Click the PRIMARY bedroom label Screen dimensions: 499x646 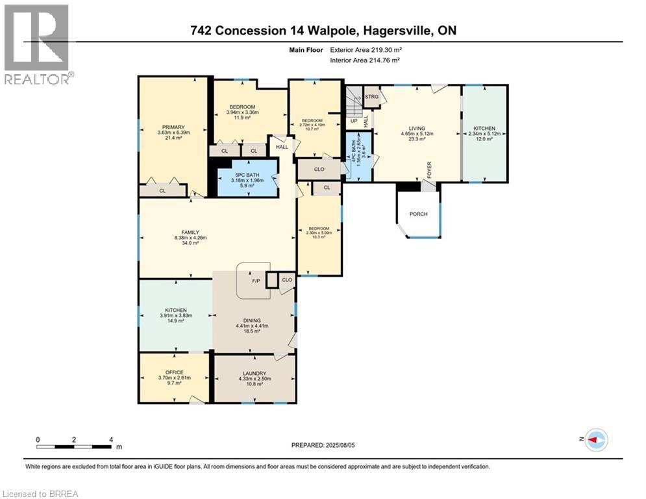171,127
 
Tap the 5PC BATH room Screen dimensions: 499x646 247,173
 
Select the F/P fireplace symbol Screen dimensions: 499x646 255,281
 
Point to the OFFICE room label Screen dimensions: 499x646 174,372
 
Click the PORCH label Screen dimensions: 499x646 419,214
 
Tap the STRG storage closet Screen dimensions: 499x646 371,97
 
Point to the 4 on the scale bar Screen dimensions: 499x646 111,439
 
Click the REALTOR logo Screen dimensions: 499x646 37,44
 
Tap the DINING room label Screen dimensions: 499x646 252,320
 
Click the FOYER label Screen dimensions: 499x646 429,170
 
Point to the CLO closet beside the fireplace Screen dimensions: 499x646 286,280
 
